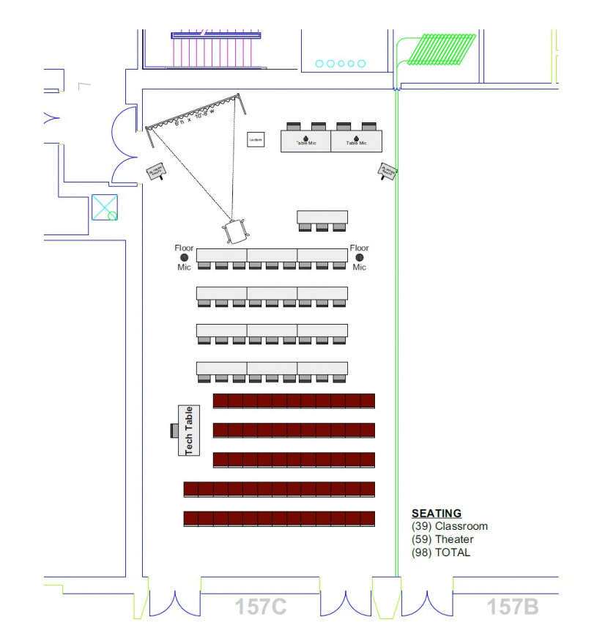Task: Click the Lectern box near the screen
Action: pyautogui.click(x=256, y=139)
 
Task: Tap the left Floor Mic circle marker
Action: pyautogui.click(x=184, y=257)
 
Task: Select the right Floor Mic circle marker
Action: pyautogui.click(x=360, y=257)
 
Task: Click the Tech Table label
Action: pyautogui.click(x=189, y=430)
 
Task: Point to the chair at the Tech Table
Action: pyautogui.click(x=174, y=430)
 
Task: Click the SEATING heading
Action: pyautogui.click(x=437, y=513)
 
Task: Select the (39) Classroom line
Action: pyautogui.click(x=449, y=526)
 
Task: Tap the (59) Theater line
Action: pyautogui.click(x=442, y=539)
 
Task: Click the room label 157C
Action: pyautogui.click(x=260, y=607)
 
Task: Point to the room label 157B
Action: pyautogui.click(x=513, y=607)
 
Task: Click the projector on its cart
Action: pyautogui.click(x=236, y=230)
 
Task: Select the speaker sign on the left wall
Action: pyautogui.click(x=156, y=172)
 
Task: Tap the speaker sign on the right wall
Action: pyautogui.click(x=388, y=172)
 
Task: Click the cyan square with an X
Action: pyautogui.click(x=104, y=207)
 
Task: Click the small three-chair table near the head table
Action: pyautogui.click(x=322, y=219)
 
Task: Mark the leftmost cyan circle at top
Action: pyautogui.click(x=320, y=64)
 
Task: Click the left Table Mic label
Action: pyautogui.click(x=305, y=142)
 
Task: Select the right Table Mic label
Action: pyautogui.click(x=356, y=142)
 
